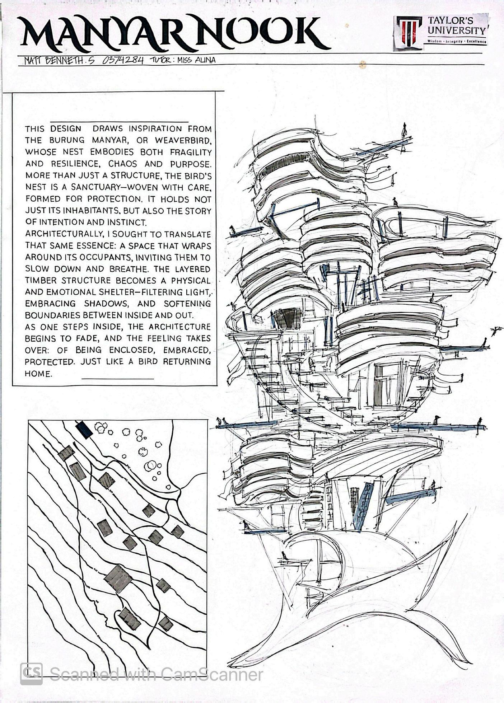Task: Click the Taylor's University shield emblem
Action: coord(409,31)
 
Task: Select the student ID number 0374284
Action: coord(123,60)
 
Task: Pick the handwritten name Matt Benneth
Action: coord(59,61)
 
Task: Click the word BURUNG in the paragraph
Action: coord(67,140)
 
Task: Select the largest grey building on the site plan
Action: coord(118,578)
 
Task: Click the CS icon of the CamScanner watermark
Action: coord(32,674)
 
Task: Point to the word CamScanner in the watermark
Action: coord(212,674)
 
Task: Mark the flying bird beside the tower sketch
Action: coord(496,330)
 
